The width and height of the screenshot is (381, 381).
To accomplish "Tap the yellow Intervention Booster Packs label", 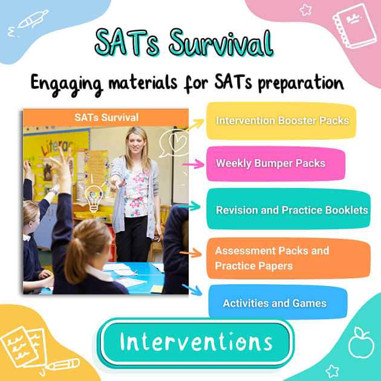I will [x=282, y=120].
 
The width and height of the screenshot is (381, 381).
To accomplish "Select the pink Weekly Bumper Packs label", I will [x=270, y=163].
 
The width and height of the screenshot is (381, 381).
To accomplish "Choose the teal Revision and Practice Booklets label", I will [x=291, y=210].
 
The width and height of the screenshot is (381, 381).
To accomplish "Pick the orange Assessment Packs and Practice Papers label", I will [x=272, y=258].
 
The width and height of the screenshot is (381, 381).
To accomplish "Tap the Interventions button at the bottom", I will [x=196, y=342].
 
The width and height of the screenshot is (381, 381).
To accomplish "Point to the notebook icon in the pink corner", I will [x=354, y=24].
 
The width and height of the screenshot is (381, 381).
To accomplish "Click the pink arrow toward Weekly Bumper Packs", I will [x=193, y=164].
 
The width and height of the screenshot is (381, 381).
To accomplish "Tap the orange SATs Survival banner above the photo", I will [x=106, y=117].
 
